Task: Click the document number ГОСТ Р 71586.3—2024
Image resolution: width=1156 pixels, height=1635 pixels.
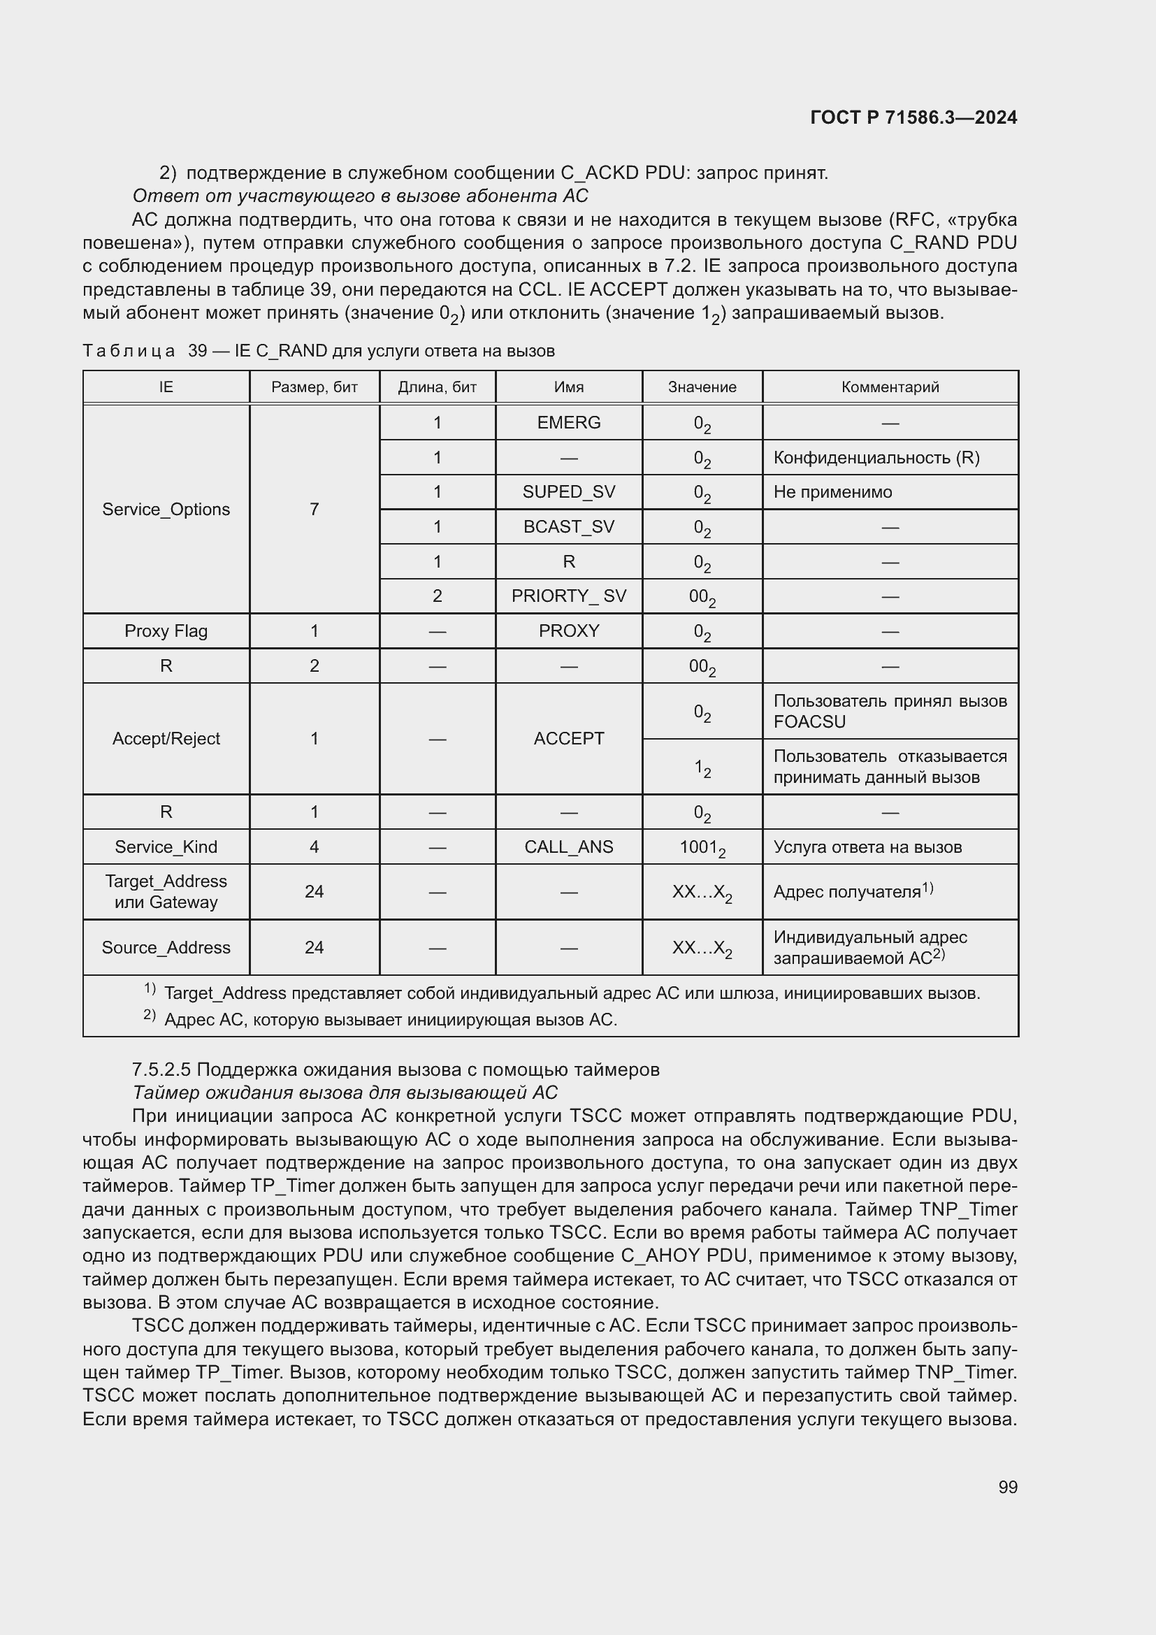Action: point(913,117)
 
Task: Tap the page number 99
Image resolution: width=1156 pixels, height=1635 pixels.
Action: point(1007,1487)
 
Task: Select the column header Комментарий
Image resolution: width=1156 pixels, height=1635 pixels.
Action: point(890,387)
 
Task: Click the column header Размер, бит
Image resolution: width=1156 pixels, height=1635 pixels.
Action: point(314,387)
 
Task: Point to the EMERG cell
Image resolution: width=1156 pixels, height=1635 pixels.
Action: point(568,422)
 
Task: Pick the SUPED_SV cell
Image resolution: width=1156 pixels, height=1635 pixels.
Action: point(568,492)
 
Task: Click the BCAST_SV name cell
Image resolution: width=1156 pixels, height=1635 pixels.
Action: point(568,526)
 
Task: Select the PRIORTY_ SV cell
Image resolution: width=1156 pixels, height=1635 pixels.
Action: point(568,596)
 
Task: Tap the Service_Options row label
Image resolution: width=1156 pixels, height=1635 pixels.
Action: point(166,509)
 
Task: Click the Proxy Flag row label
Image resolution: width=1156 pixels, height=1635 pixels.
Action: point(166,631)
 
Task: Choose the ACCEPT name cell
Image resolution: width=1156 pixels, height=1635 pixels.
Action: point(568,738)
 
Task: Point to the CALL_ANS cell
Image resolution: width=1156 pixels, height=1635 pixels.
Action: point(568,847)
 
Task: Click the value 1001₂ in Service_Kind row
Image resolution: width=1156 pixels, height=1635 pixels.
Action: point(702,847)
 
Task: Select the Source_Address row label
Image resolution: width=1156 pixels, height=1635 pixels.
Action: point(166,947)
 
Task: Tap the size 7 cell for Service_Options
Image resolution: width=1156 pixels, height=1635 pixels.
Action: point(314,509)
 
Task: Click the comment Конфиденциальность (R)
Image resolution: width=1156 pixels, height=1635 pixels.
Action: point(876,457)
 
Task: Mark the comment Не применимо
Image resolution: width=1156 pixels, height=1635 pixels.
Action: point(832,492)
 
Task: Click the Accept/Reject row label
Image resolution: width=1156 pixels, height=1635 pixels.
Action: point(166,738)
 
